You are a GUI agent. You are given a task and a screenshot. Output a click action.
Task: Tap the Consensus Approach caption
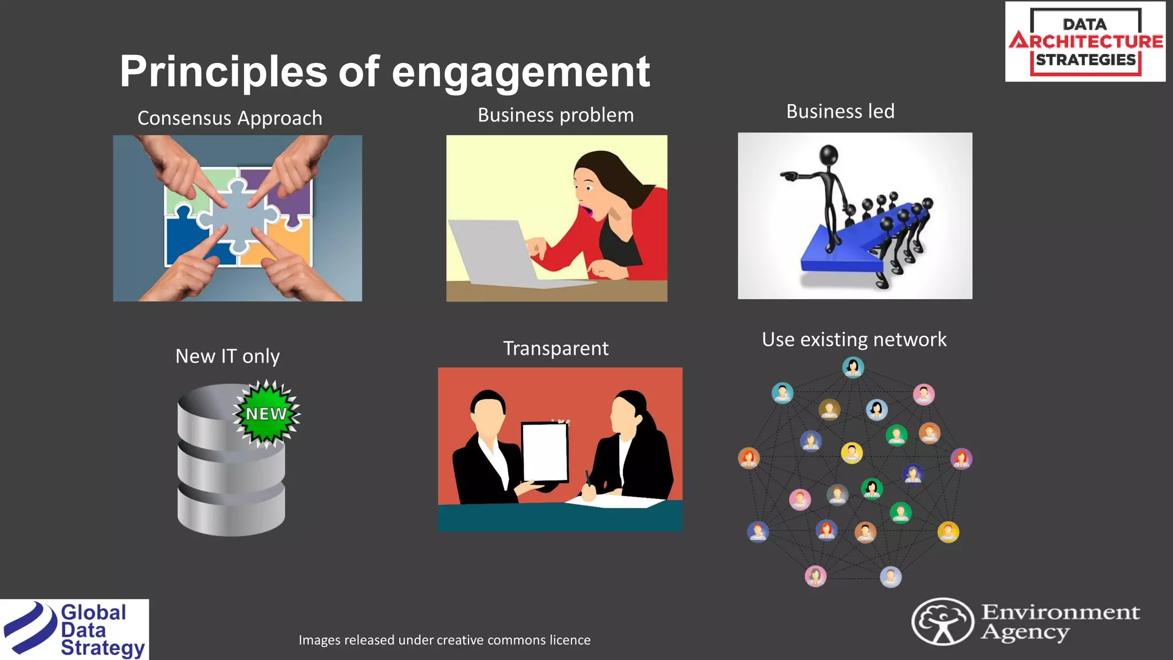click(230, 118)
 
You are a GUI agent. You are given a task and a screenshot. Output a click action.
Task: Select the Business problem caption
click(556, 115)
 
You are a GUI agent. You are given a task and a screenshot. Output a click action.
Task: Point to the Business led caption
click(840, 111)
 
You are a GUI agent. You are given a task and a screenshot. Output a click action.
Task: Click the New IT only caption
click(227, 356)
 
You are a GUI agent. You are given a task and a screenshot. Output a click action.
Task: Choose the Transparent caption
click(556, 348)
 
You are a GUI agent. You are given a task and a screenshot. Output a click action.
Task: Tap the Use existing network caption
click(854, 340)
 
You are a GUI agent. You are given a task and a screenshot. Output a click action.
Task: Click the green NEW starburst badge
click(266, 413)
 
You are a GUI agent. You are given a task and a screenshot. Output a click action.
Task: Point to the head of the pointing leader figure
click(829, 155)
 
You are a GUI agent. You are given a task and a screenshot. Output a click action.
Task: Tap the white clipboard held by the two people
click(545, 451)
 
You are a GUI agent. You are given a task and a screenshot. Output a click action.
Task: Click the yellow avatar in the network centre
click(852, 453)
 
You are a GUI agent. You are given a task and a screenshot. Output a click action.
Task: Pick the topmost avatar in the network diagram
click(853, 367)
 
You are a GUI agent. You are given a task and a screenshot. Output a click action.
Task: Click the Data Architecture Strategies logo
click(1085, 42)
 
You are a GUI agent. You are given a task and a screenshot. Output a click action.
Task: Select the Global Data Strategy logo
click(74, 630)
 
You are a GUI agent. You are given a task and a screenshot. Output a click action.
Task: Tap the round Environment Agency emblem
click(942, 622)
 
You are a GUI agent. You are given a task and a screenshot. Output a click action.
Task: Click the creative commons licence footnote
click(444, 640)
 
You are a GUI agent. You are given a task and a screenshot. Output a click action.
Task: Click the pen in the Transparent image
click(588, 478)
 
